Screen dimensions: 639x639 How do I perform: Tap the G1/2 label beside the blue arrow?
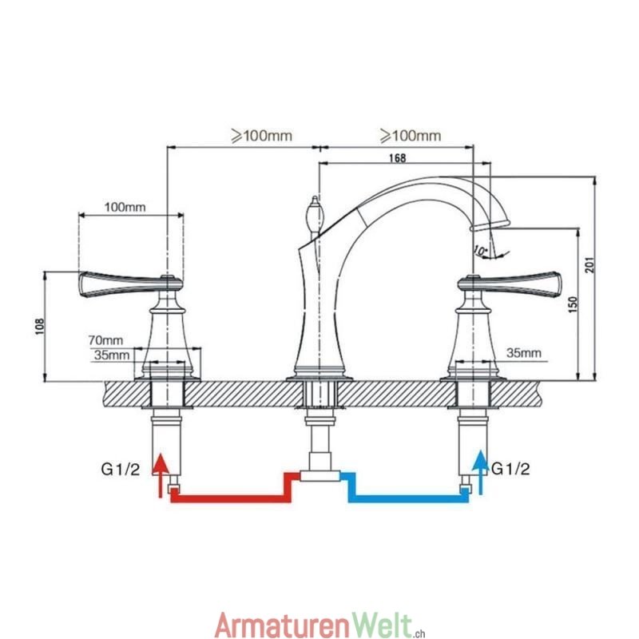[x=511, y=468]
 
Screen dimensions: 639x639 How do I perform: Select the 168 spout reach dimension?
[x=396, y=158]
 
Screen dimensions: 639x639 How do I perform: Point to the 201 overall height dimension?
[x=589, y=264]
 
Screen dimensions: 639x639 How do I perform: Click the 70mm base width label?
[x=107, y=339]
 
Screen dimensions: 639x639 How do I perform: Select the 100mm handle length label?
[x=125, y=208]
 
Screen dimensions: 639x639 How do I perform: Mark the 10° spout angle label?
[x=480, y=251]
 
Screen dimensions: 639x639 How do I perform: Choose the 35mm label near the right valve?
[x=524, y=352]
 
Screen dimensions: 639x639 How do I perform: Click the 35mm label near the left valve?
[x=109, y=355]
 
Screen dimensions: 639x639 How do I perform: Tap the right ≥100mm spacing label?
[x=410, y=136]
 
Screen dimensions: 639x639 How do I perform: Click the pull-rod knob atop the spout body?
[x=313, y=215]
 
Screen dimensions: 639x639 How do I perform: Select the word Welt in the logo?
[x=385, y=624]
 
